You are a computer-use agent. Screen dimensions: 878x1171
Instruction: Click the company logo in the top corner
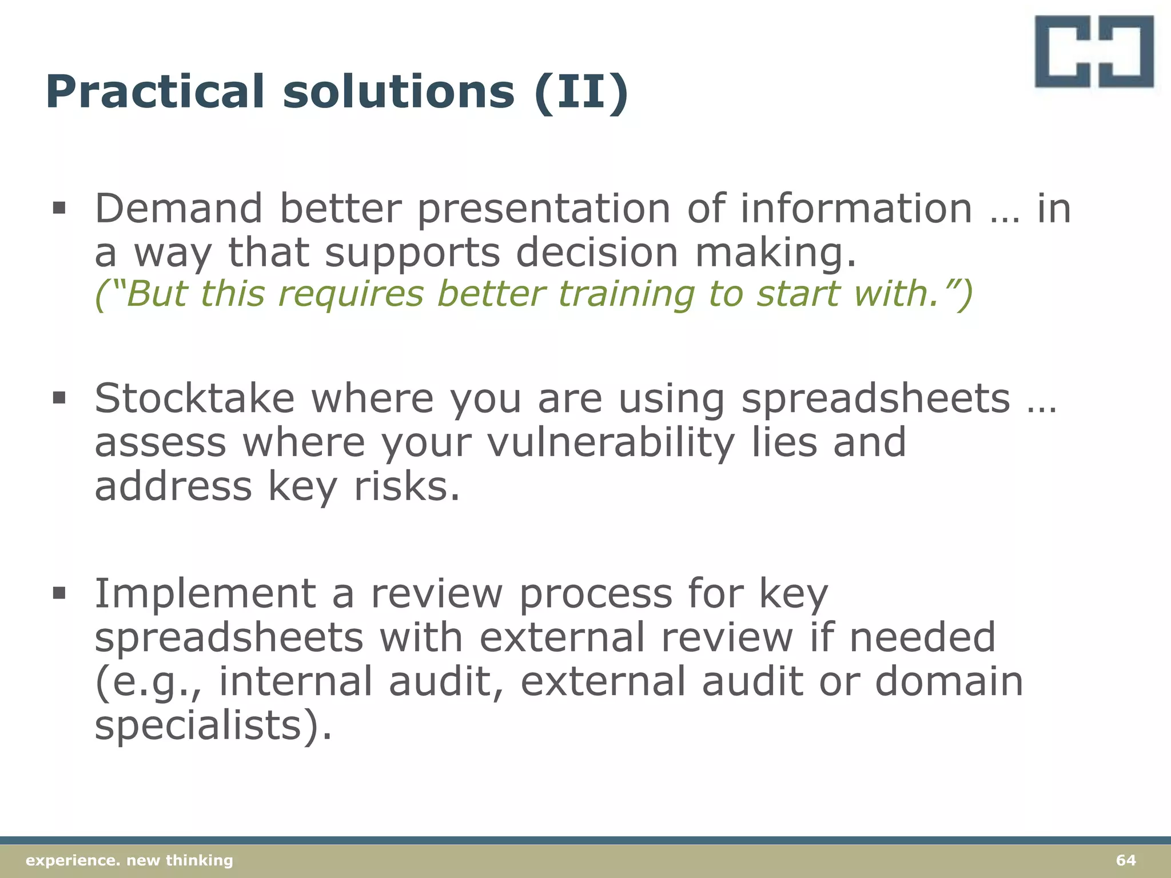pos(1094,51)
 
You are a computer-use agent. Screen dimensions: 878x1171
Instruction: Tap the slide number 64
pos(1126,860)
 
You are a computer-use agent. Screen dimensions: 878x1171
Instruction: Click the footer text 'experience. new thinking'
pos(130,860)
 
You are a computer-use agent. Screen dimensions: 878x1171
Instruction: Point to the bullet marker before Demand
pos(59,208)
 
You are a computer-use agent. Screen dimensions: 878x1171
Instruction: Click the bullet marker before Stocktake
pos(59,398)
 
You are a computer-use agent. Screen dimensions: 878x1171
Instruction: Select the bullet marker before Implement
pos(59,593)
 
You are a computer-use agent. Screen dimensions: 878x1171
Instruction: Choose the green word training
pos(626,294)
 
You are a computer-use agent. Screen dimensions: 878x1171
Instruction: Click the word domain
pos(949,681)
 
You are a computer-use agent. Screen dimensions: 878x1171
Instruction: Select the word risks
pos(407,487)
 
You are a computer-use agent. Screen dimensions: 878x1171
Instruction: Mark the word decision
pos(596,253)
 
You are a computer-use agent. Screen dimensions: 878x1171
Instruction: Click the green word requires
pos(351,294)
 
